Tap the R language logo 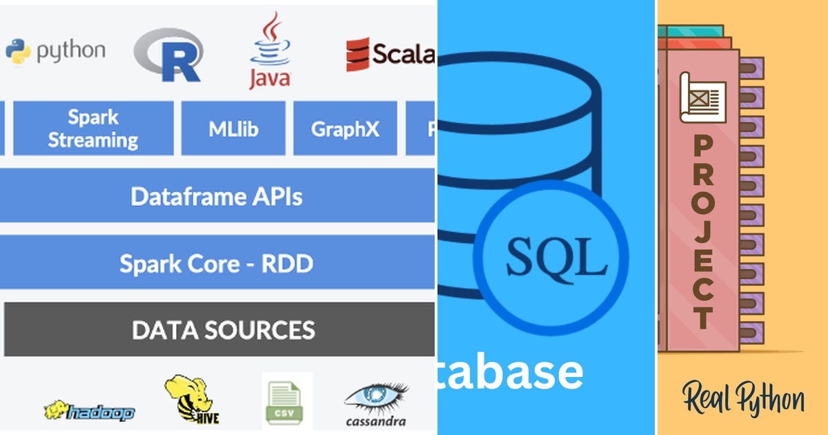(168, 55)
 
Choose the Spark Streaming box (93, 128)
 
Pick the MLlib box (233, 128)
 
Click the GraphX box (345, 128)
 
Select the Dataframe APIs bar (217, 197)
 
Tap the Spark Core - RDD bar (217, 263)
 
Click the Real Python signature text (743, 399)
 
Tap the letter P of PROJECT (703, 147)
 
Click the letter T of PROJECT (703, 317)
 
